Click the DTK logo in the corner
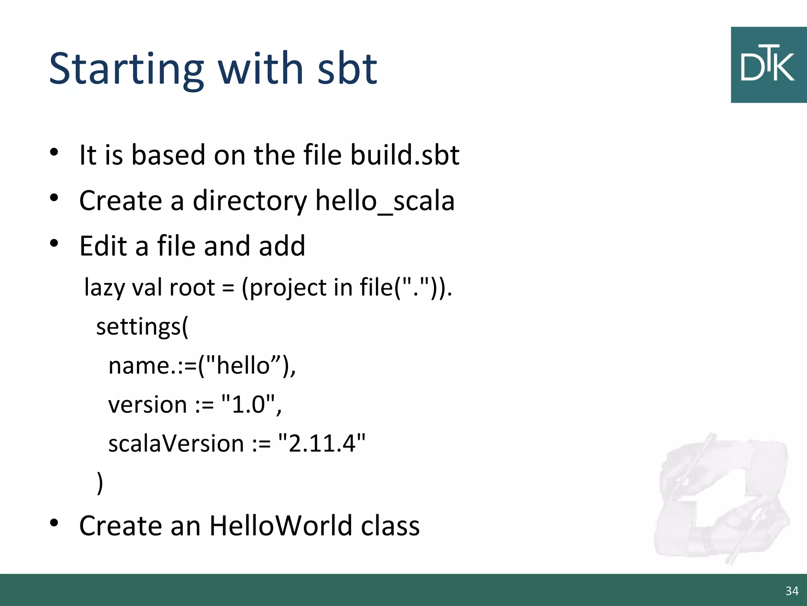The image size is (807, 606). click(768, 65)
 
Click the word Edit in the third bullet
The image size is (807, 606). click(103, 246)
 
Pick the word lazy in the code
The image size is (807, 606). click(104, 287)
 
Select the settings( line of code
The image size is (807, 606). click(142, 327)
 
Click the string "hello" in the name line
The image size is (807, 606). click(243, 365)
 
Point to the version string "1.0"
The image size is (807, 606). click(248, 404)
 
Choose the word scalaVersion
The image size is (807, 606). click(176, 443)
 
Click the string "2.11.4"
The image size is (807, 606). click(322, 443)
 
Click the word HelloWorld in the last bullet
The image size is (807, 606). click(281, 526)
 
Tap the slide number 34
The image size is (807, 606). click(792, 591)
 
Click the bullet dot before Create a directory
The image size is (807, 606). click(54, 197)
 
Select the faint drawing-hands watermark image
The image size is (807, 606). click(721, 499)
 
